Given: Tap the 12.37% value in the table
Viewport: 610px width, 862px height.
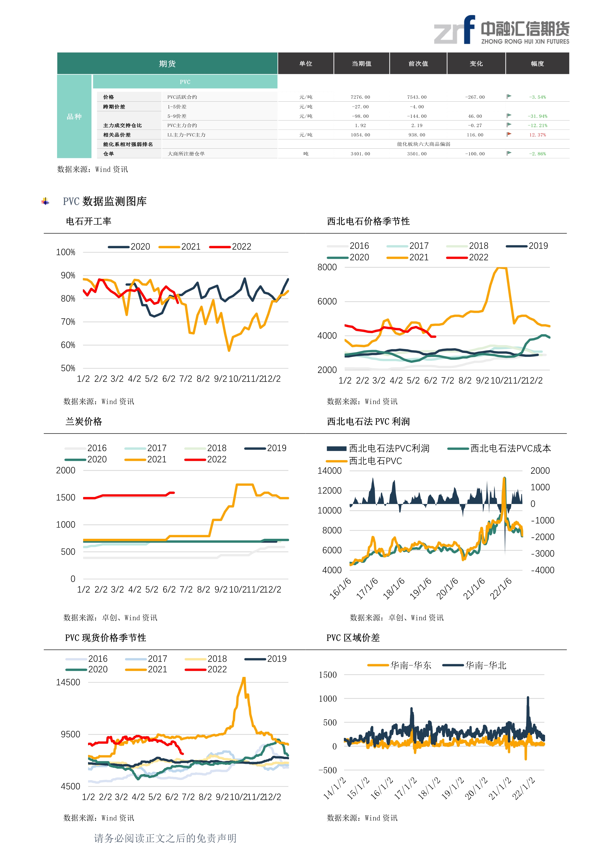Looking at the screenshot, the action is point(537,135).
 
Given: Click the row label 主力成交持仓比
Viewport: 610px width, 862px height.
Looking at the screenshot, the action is point(122,125).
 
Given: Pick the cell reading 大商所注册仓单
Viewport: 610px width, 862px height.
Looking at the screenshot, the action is point(186,154).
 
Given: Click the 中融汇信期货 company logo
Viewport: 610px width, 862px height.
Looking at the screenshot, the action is point(502,30).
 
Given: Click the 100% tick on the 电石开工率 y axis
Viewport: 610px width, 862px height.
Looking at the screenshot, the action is point(65,252).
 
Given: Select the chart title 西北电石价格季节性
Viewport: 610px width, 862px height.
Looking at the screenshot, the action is point(368,221).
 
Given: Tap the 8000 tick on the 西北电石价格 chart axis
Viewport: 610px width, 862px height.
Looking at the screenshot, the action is point(327,267).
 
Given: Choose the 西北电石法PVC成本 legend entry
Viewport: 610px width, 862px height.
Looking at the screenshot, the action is point(499,448).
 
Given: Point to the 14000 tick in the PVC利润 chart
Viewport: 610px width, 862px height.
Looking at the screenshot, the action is point(329,471).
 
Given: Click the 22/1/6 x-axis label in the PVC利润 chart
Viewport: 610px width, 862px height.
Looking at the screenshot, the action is point(501,588).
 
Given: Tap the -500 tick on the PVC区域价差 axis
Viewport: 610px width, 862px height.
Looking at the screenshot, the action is point(328,770).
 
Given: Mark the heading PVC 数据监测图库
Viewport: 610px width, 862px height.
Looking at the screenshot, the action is point(105,202).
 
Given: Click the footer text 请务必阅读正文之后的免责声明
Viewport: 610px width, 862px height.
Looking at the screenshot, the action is point(165,838).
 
